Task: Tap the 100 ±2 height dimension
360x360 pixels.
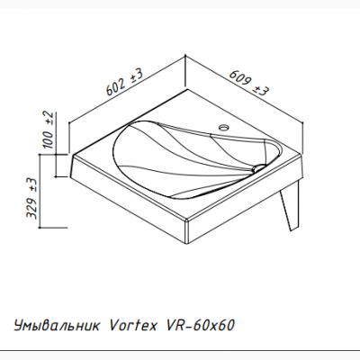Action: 50,132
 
